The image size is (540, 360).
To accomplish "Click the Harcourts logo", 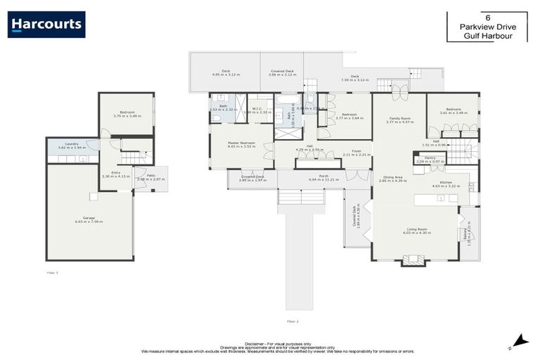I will pyautogui.click(x=46, y=24).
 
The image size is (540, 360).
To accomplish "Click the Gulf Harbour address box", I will pyautogui.click(x=487, y=27).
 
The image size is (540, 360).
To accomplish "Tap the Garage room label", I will pyautogui.click(x=89, y=220).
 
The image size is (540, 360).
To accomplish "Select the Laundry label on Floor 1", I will pyautogui.click(x=72, y=145).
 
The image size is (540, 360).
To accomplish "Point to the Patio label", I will pyautogui.click(x=150, y=177).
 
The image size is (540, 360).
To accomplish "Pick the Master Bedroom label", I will pyautogui.click(x=241, y=144).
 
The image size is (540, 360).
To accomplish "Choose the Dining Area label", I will pyautogui.click(x=393, y=179).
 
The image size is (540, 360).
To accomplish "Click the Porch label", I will pyautogui.click(x=323, y=177).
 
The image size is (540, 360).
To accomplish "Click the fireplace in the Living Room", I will pyautogui.click(x=413, y=260).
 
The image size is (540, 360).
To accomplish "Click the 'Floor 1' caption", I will pyautogui.click(x=52, y=271).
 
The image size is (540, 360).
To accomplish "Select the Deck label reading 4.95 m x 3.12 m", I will pyautogui.click(x=226, y=72).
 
